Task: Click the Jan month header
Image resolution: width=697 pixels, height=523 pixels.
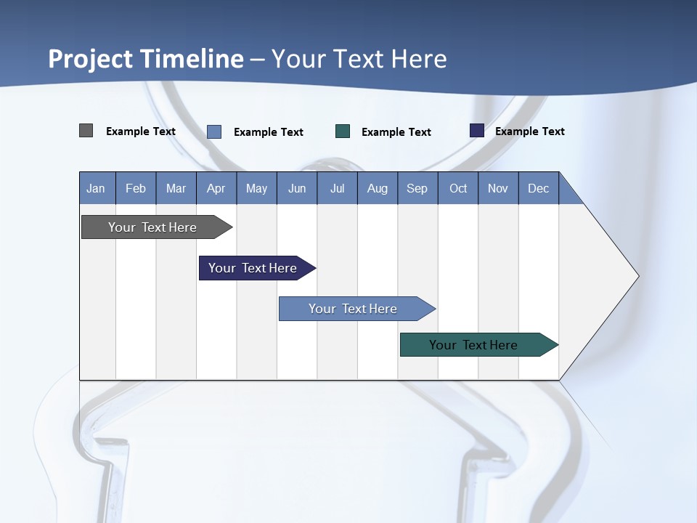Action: tap(97, 188)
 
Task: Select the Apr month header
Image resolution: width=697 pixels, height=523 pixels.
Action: tap(216, 188)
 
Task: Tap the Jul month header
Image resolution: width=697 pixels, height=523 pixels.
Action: tap(337, 188)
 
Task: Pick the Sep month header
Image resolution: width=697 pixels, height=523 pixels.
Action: tap(417, 188)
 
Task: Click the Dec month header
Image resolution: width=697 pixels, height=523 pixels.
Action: tap(538, 188)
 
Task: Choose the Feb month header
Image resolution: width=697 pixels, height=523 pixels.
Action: tap(136, 188)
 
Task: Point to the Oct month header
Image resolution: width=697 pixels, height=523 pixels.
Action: tap(458, 188)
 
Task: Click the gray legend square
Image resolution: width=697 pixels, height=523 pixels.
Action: tap(86, 131)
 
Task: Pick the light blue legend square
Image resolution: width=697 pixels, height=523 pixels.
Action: tap(214, 131)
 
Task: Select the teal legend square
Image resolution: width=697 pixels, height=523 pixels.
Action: tap(343, 131)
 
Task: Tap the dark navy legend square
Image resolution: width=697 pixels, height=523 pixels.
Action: tap(477, 131)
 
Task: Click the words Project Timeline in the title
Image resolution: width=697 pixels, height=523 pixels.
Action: tap(146, 59)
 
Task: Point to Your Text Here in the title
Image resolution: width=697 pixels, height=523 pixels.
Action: tap(359, 59)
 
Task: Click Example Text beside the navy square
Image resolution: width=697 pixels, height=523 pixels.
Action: tap(529, 131)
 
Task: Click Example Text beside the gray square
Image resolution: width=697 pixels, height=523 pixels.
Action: tap(141, 131)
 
